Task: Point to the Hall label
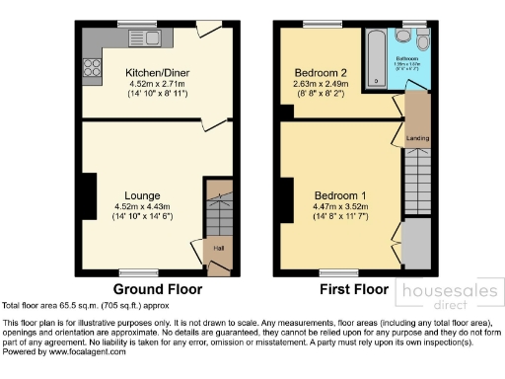pyautogui.click(x=217, y=248)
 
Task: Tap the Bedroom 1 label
pyautogui.click(x=339, y=194)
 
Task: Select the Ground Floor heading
pyautogui.click(x=158, y=290)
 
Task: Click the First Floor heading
pyautogui.click(x=354, y=290)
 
